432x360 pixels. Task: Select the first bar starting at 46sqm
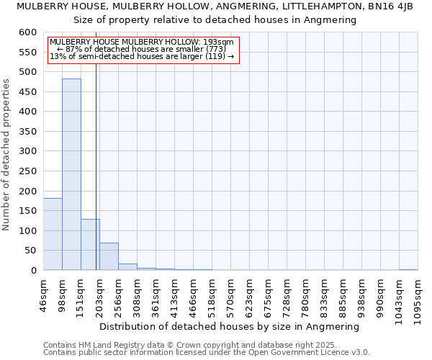click(53, 234)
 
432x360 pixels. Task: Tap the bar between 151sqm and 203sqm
click(90, 245)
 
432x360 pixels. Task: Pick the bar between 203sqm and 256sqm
click(109, 257)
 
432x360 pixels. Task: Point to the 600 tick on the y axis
click(27, 32)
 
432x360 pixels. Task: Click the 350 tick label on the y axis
click(27, 132)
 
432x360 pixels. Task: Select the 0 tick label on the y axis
click(33, 271)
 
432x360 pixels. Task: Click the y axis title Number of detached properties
click(6, 155)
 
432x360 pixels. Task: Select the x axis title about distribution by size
click(229, 326)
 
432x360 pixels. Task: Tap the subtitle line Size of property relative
click(215, 20)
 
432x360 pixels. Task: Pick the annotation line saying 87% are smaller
click(141, 49)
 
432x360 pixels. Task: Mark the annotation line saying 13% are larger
click(142, 55)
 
